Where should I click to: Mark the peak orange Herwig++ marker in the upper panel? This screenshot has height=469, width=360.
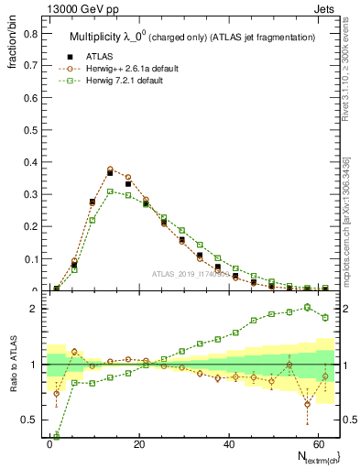(110, 169)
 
